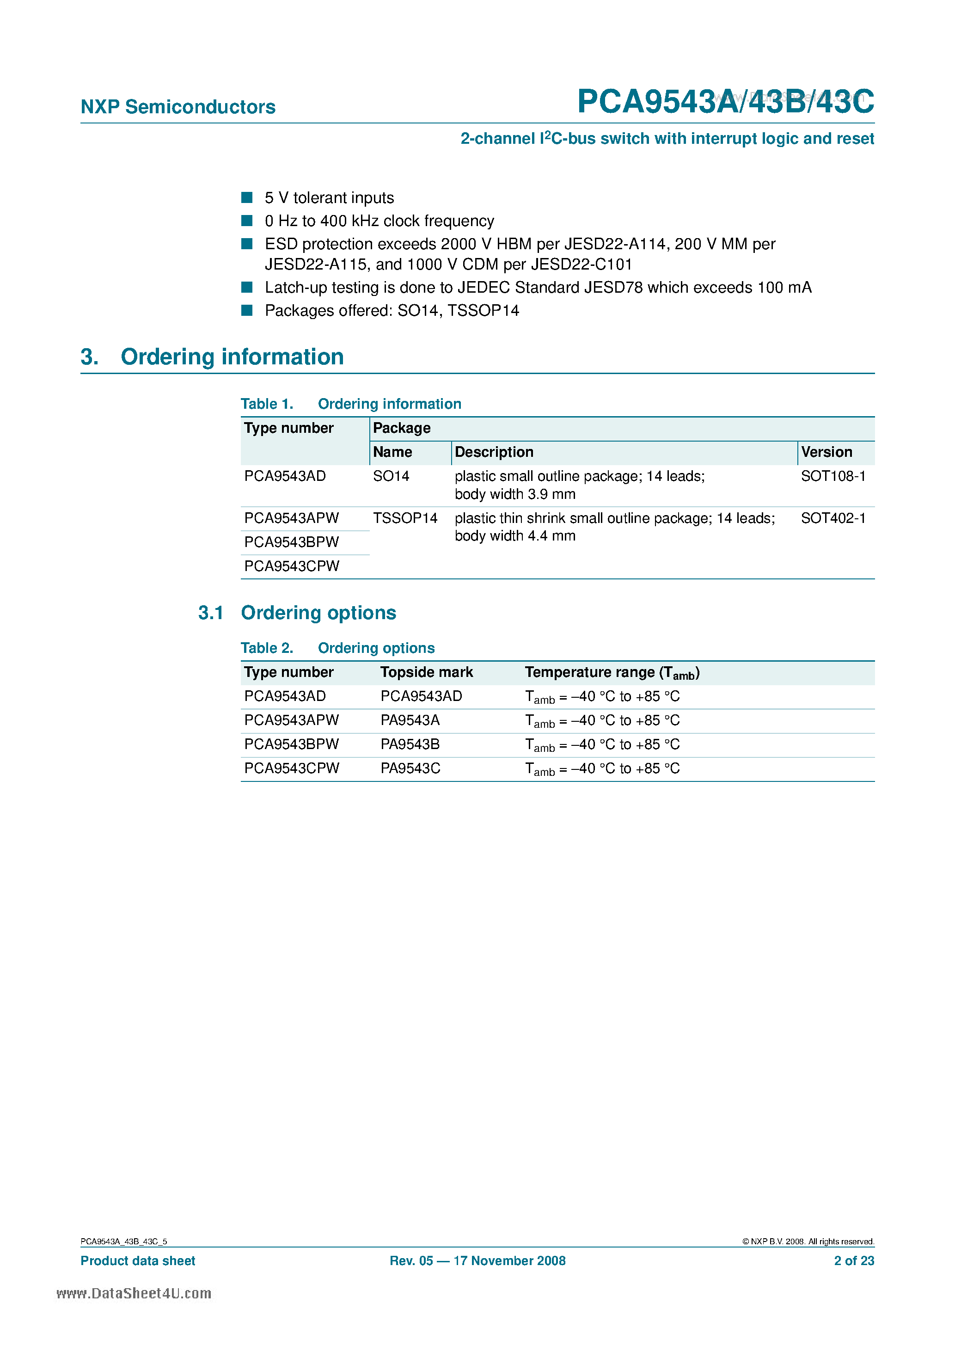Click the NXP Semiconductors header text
(178, 107)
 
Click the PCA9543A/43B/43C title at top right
(725, 101)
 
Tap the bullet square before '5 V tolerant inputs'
(247, 197)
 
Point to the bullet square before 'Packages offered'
(247, 310)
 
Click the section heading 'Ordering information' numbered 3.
(232, 357)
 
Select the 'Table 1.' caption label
(267, 404)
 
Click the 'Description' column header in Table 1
(494, 452)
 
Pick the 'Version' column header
(826, 452)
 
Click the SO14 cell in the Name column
(391, 476)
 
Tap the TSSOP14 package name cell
(405, 518)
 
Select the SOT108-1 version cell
(833, 476)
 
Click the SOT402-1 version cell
(833, 518)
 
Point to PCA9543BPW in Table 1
(291, 542)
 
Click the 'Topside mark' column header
(426, 672)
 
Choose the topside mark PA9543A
(410, 720)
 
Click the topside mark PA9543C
(410, 768)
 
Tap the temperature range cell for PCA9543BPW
(602, 745)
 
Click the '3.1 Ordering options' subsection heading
(297, 613)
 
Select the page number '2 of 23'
(854, 1261)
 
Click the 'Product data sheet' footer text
(138, 1261)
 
